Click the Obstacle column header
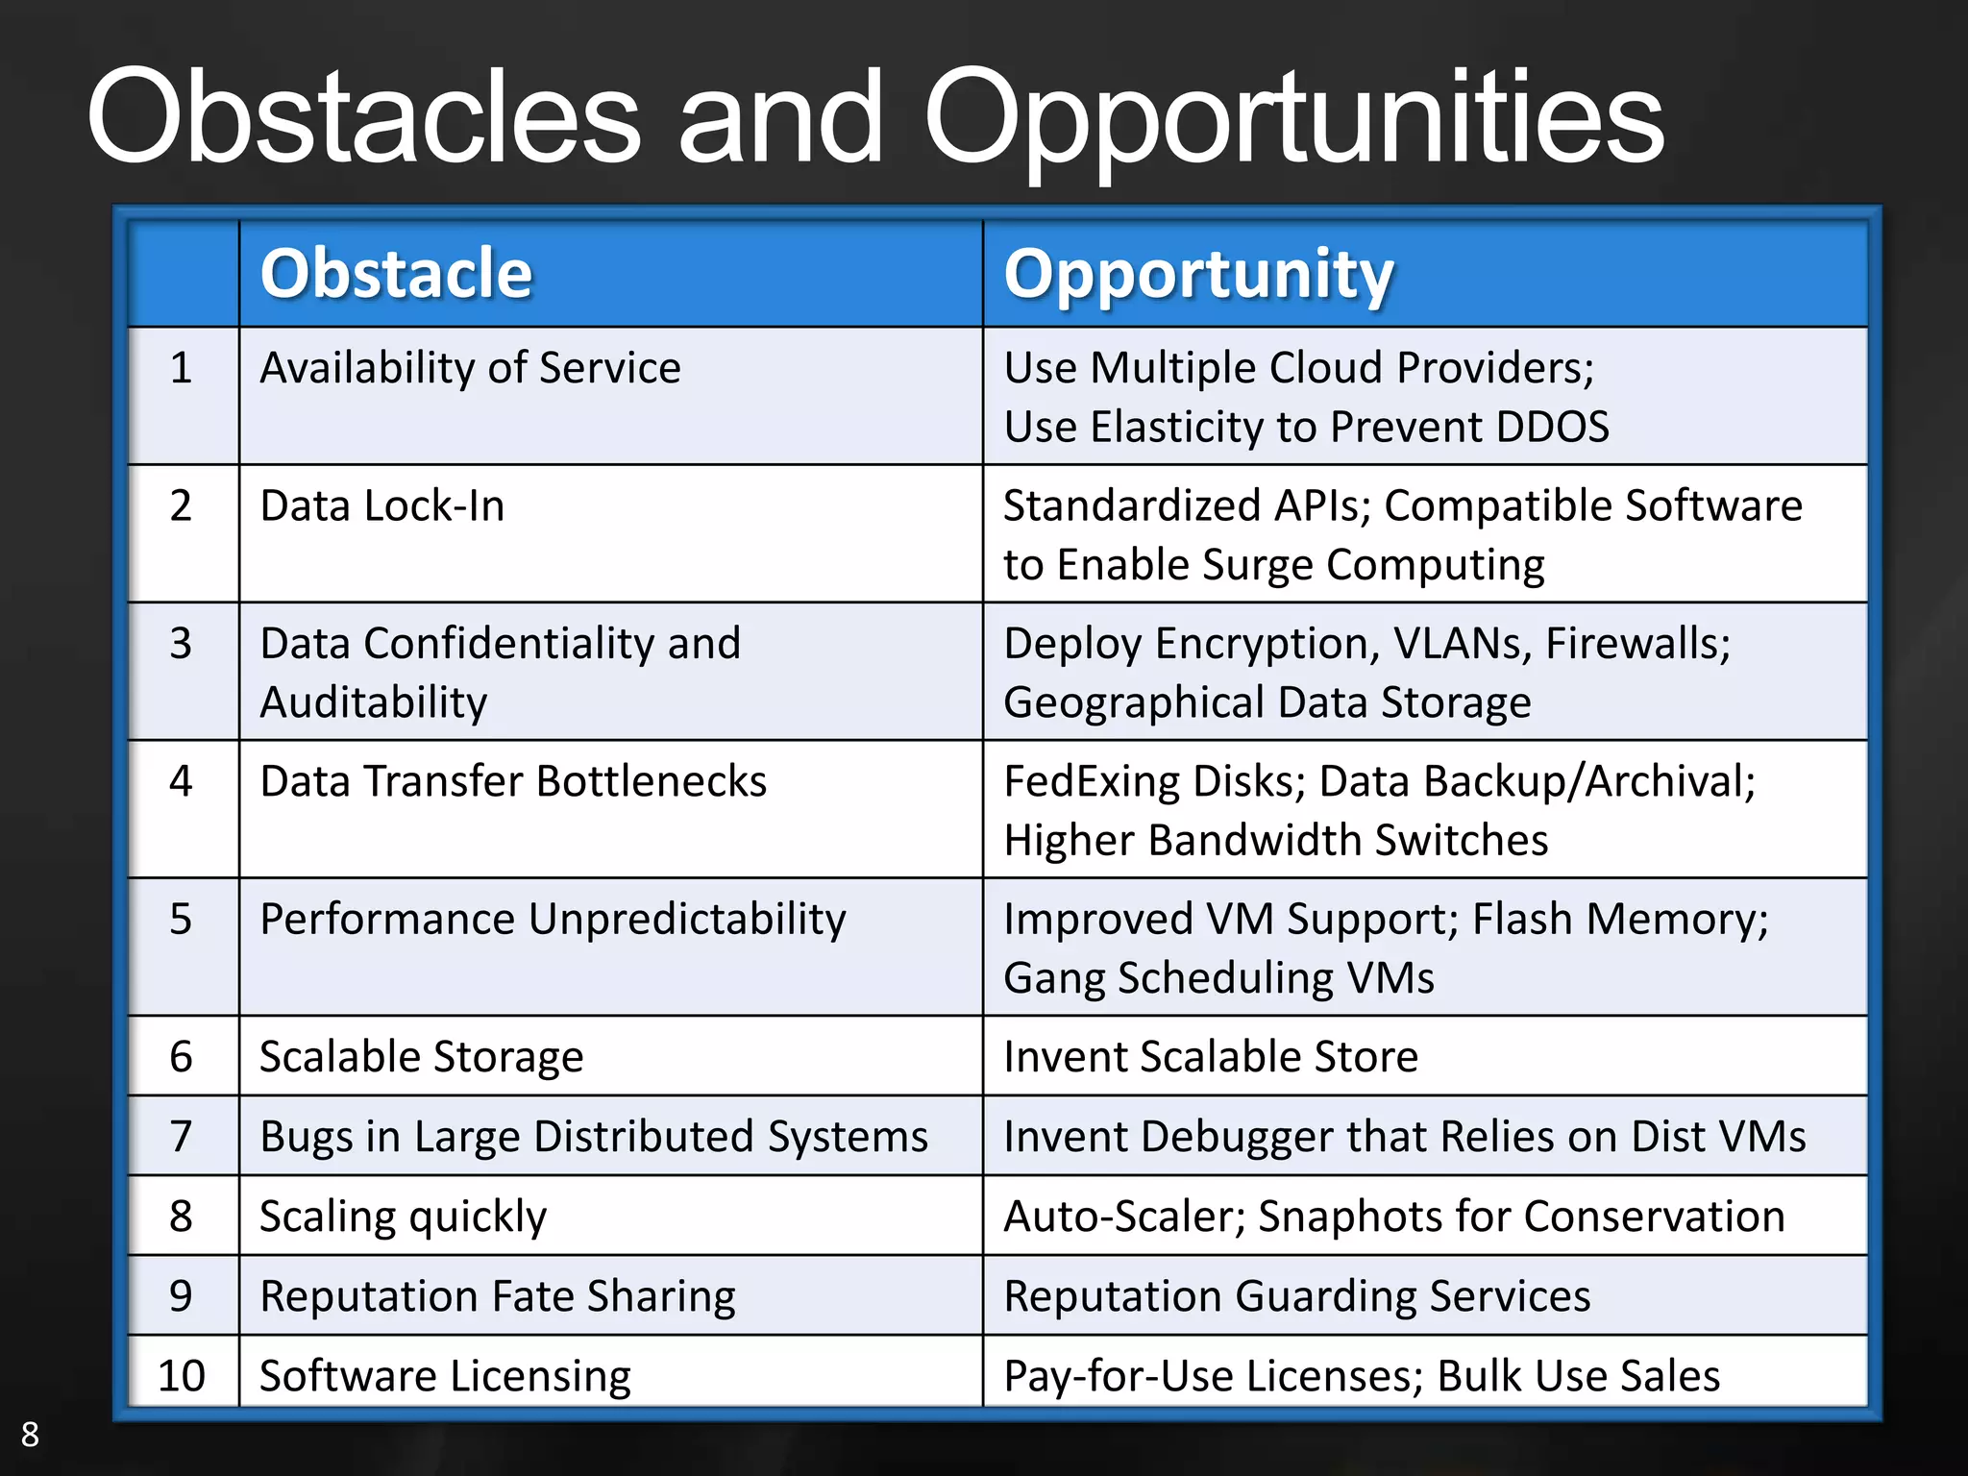[x=396, y=274]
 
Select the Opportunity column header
[x=1197, y=274]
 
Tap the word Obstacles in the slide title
[x=363, y=117]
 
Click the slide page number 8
[x=30, y=1434]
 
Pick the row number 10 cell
[x=182, y=1375]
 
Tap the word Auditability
[x=374, y=703]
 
